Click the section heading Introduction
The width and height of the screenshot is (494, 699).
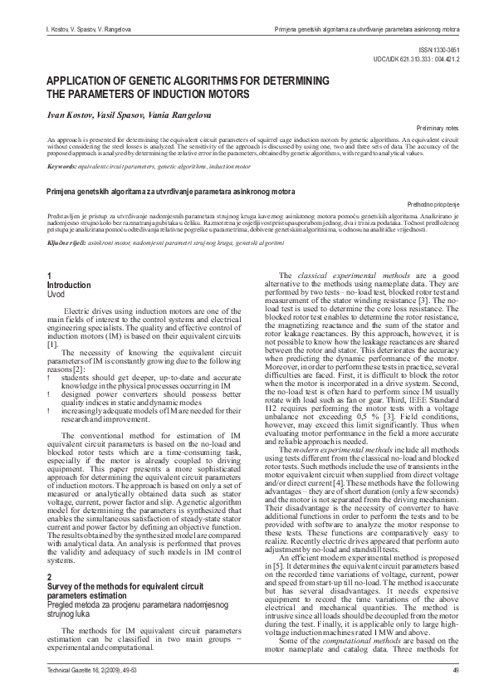click(69, 285)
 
